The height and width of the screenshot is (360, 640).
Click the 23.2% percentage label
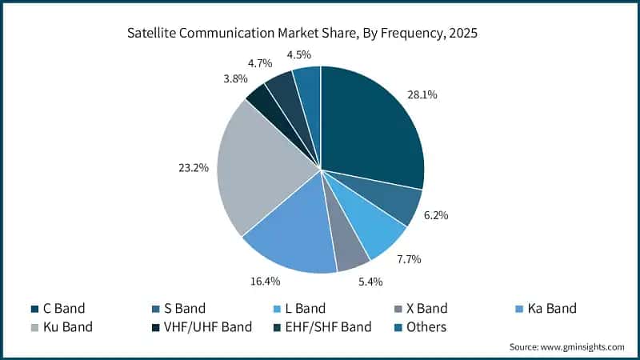pyautogui.click(x=194, y=168)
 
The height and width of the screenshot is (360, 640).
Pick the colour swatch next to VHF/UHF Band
pyautogui.click(x=154, y=327)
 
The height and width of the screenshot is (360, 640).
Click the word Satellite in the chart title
pyautogui.click(x=152, y=34)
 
